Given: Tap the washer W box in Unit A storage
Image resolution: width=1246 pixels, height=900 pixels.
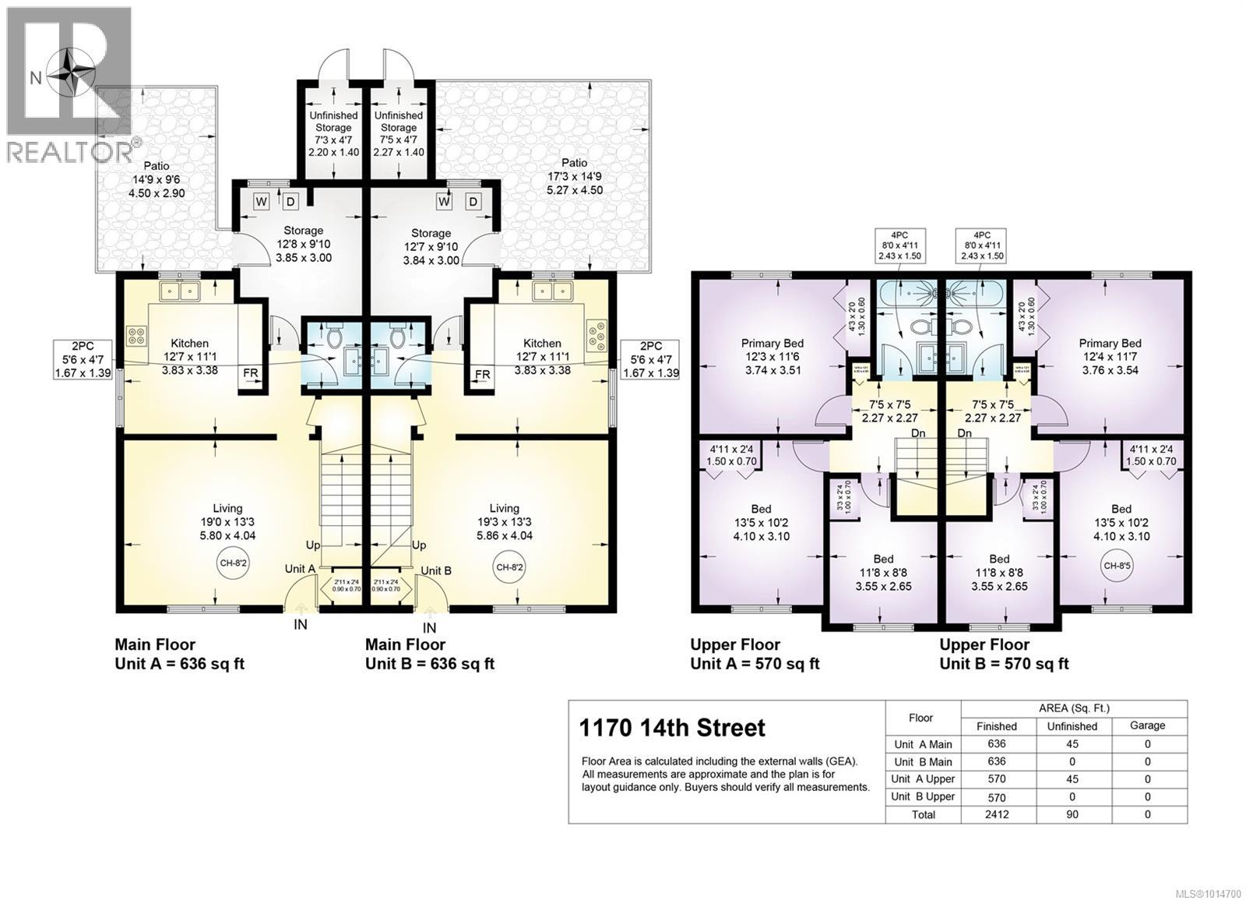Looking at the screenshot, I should (x=262, y=202).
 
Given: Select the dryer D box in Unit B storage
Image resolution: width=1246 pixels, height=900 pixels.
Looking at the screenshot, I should (x=473, y=202).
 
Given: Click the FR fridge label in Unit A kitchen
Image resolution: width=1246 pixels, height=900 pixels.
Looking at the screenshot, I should (x=250, y=373).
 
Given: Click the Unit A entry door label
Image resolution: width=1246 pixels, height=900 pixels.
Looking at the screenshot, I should (x=300, y=570).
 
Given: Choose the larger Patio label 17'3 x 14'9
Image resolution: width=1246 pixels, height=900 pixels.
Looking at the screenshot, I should (x=575, y=176).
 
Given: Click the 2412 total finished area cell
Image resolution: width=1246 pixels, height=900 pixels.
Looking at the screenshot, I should (x=996, y=814).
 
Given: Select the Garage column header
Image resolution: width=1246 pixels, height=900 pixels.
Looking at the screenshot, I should (x=1147, y=725).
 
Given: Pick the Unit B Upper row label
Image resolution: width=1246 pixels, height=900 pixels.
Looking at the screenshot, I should (x=923, y=796).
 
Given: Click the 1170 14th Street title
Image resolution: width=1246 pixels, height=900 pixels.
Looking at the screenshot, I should (x=672, y=728).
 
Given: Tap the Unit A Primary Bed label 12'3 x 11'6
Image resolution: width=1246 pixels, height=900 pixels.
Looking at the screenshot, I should (x=772, y=356).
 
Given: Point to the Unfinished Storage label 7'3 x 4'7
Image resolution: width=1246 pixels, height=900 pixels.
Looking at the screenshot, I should (x=333, y=133).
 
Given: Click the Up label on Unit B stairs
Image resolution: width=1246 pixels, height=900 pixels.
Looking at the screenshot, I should (x=419, y=545).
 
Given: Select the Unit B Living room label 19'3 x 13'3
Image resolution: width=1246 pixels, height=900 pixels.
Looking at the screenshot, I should (x=504, y=521).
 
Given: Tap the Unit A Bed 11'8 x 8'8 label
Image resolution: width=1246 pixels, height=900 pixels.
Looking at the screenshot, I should (x=883, y=572).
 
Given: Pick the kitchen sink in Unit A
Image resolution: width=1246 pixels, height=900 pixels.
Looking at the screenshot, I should (x=180, y=291).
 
